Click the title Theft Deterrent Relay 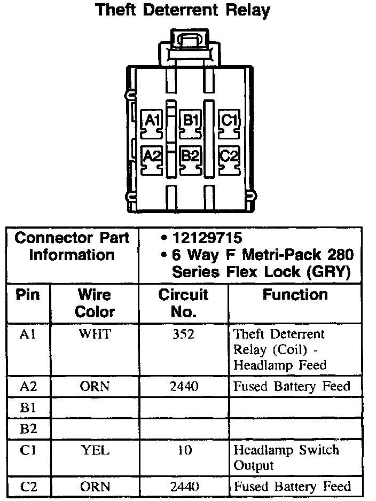click(182, 10)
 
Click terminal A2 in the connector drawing click(153, 156)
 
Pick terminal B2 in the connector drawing click(190, 156)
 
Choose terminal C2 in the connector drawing click(229, 156)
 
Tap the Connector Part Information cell click(72, 247)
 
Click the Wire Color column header click(95, 303)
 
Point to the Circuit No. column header click(183, 303)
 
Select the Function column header click(295, 295)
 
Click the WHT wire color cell click(95, 334)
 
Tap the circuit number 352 click(183, 334)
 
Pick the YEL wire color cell click(95, 450)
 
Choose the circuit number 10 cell click(184, 450)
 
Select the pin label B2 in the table click(27, 429)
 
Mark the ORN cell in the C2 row click(95, 487)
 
